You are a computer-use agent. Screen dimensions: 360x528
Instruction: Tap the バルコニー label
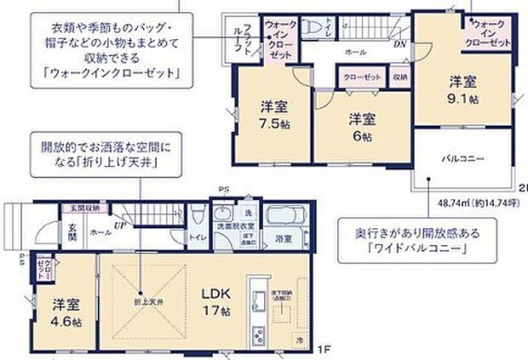point(464,158)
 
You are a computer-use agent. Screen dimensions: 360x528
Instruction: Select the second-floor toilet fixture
point(312,25)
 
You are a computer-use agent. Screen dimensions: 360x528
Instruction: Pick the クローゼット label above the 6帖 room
point(362,77)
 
